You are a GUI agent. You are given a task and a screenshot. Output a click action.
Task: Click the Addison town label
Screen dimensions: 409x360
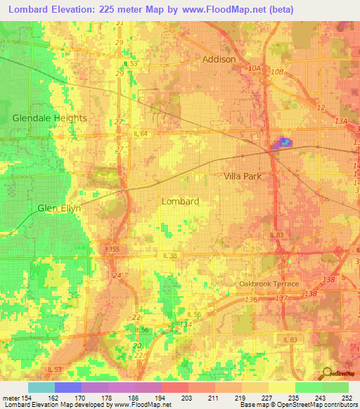[219, 60]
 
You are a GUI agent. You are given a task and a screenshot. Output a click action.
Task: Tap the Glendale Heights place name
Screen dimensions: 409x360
[49, 118]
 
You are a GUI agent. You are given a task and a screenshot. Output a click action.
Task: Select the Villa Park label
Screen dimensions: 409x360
[243, 176]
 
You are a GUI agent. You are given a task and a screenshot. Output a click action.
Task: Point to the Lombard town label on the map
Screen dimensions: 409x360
[180, 201]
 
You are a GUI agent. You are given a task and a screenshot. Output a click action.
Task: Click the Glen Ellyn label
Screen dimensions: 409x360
[59, 209]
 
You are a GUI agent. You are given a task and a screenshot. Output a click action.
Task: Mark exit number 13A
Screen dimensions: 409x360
[342, 122]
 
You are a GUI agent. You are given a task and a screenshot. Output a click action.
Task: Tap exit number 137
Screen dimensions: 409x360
[281, 299]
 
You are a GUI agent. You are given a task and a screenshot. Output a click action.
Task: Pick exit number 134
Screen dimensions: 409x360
[186, 324]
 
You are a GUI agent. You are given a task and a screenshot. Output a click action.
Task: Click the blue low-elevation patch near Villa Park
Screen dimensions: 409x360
[284, 143]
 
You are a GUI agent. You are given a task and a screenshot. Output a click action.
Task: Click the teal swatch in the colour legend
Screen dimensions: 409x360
[41, 387]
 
